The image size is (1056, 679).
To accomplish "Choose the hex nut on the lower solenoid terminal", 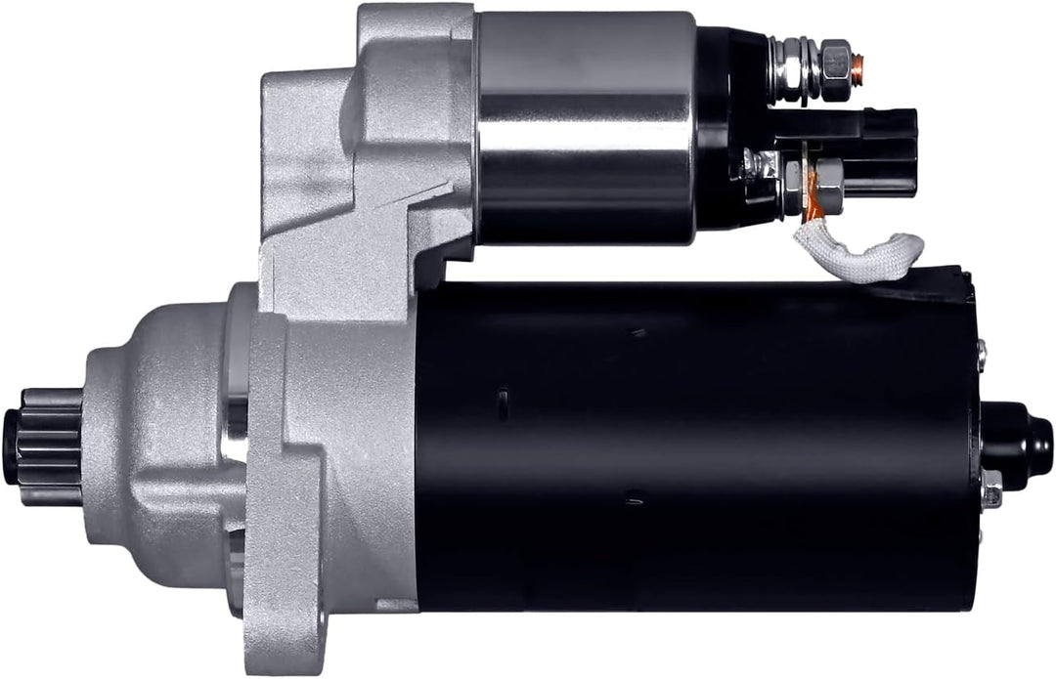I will point(827,181).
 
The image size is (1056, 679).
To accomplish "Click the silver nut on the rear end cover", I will point(991,488).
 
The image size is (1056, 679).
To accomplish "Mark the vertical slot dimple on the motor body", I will point(503,403).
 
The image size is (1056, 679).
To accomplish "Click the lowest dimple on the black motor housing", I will point(634,497).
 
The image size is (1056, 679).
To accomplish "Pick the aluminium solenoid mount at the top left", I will point(372,127).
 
